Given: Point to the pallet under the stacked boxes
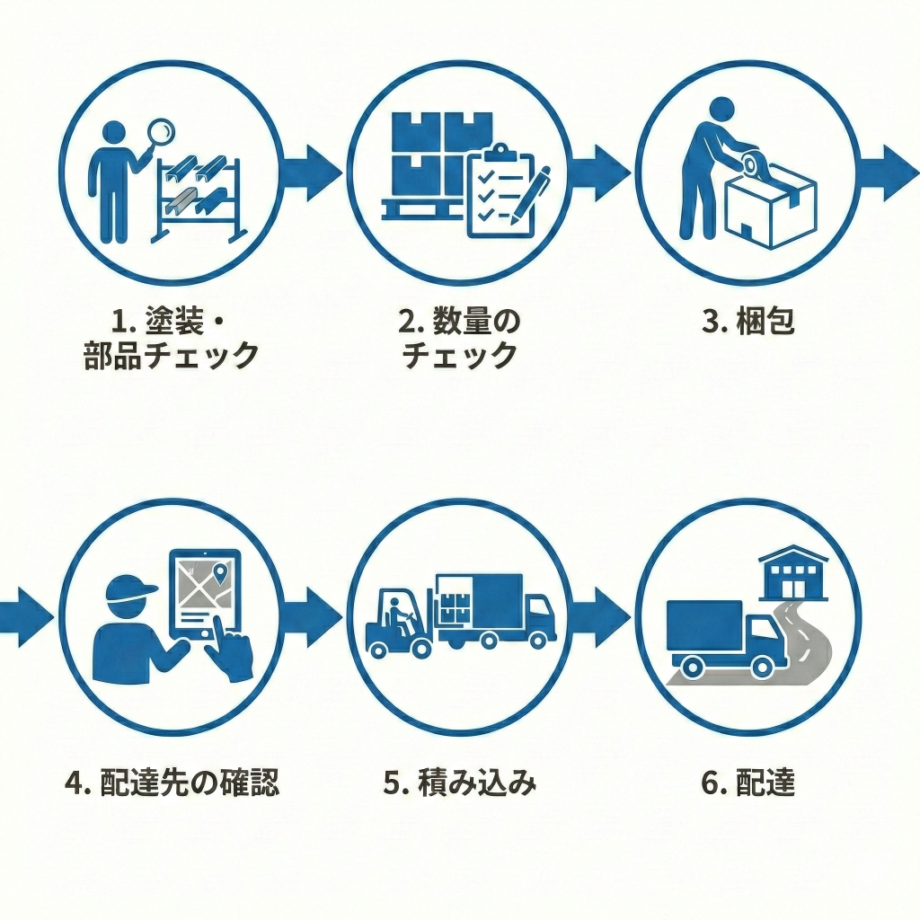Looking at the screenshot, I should click(x=422, y=209).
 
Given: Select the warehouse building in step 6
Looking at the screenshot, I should click(x=792, y=571).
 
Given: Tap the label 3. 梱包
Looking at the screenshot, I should click(x=747, y=322).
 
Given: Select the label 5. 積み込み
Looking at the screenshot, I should click(x=460, y=782).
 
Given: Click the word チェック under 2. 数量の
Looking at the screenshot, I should click(x=460, y=356).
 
